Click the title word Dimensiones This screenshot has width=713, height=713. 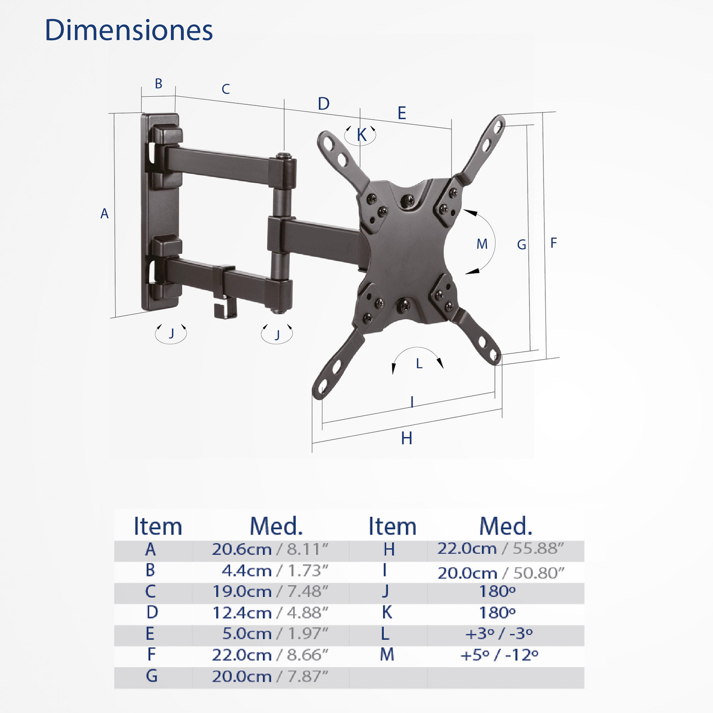pos(128,31)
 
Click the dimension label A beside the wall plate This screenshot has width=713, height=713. pos(104,214)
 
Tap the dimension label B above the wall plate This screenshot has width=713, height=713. pos(158,84)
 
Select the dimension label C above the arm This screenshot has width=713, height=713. pos(226,90)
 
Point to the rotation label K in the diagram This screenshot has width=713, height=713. pos(362,135)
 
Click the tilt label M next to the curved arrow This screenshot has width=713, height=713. pos(482,244)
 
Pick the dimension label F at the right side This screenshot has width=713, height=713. pos(554,243)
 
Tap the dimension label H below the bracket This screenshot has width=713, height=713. pos(406,438)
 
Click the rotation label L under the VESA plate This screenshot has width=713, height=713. pos(419,364)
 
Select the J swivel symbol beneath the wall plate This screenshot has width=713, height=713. pos(171,334)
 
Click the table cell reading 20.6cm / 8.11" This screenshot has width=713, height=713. pos(270,550)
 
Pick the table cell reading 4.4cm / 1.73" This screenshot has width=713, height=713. pos(275,571)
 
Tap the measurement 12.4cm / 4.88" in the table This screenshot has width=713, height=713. pos(270,613)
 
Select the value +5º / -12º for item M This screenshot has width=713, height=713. pos(499,655)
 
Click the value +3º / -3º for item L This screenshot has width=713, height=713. pos(499,634)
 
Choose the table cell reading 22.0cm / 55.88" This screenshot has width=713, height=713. pos(501,549)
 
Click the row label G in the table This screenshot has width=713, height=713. pos(151,676)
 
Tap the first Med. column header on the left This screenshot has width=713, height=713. pos(276,527)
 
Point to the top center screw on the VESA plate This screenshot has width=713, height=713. pos(408,200)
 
